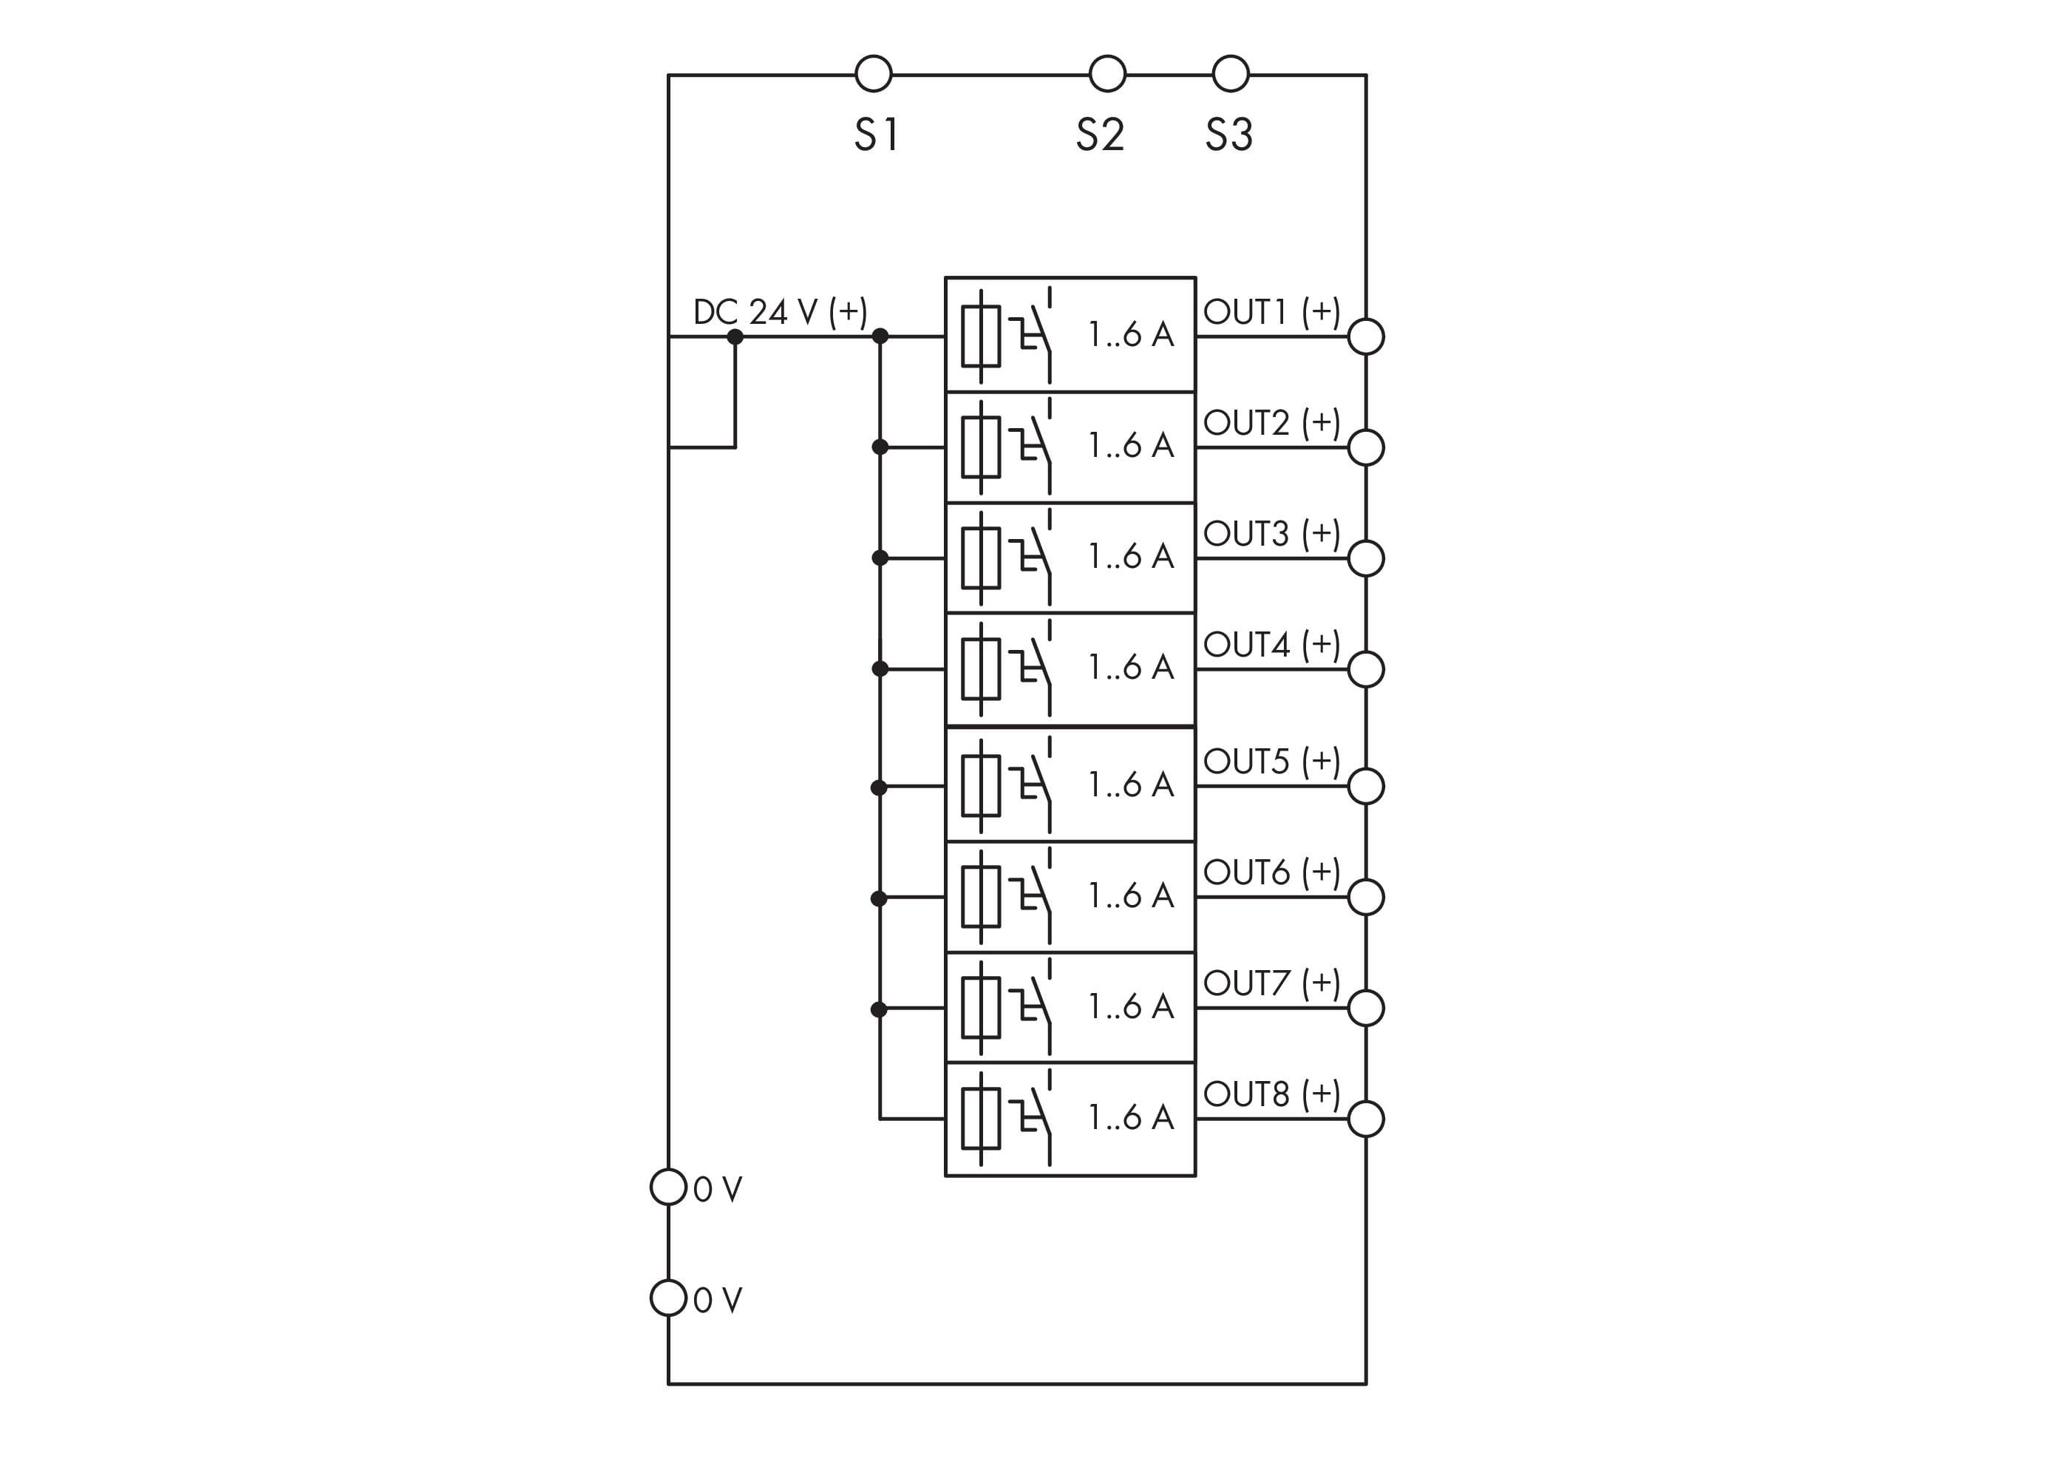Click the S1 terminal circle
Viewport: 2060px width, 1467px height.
[872, 74]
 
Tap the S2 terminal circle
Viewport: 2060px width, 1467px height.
[1107, 74]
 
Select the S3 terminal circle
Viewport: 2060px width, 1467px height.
[1230, 74]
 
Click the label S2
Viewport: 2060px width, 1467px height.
[1099, 135]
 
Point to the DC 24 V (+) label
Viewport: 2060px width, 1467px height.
[779, 313]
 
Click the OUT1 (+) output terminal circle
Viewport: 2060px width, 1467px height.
[1365, 337]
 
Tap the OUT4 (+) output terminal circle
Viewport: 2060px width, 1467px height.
[1365, 669]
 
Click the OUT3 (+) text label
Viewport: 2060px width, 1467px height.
[1271, 534]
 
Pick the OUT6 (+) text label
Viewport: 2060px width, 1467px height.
[1271, 873]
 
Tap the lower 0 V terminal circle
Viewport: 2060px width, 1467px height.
[668, 1298]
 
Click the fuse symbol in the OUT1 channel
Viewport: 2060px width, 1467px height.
[981, 336]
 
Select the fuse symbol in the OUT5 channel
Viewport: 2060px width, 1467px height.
[981, 786]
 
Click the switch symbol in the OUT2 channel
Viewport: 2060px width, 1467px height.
[1034, 447]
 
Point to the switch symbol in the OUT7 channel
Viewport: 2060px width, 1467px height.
[1034, 1007]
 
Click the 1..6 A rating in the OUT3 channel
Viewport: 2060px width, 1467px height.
[1131, 558]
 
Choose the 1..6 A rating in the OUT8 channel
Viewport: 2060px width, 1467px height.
[1131, 1118]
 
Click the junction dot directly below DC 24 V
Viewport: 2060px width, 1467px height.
[735, 337]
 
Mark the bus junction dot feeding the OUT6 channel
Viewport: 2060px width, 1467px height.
[880, 898]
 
